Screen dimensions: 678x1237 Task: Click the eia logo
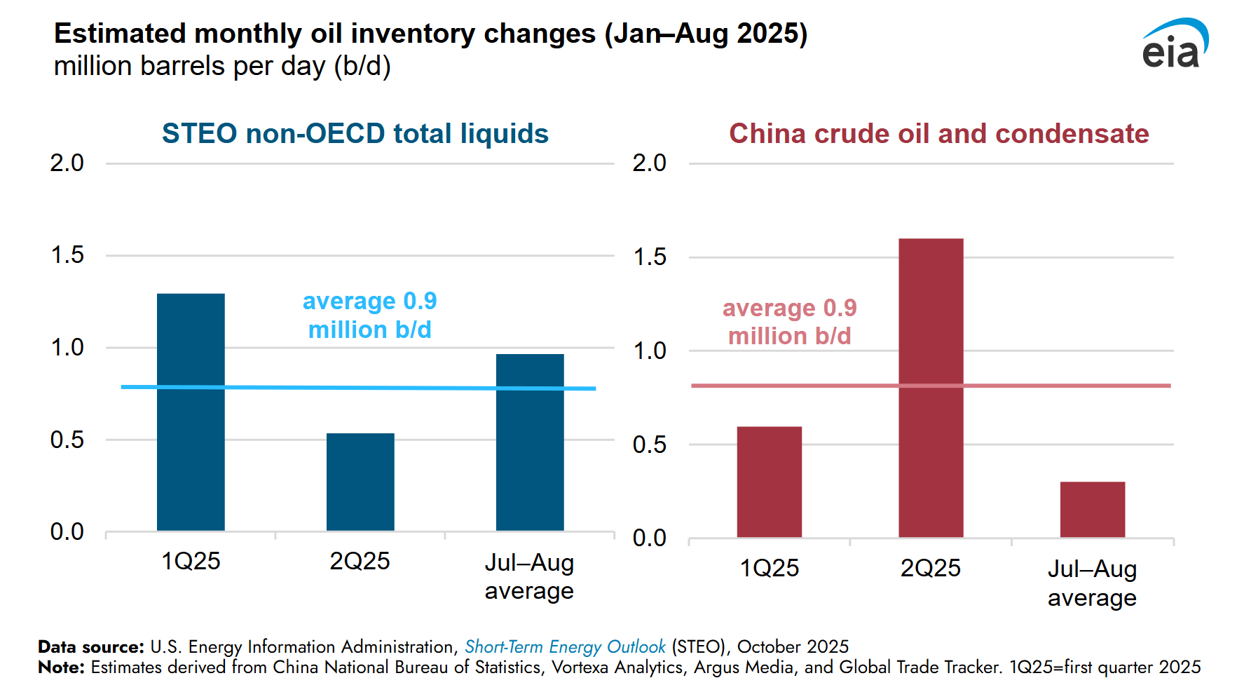pyautogui.click(x=1174, y=43)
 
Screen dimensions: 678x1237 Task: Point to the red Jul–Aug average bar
pyautogui.click(x=1092, y=510)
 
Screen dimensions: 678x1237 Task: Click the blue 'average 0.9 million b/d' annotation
pyautogui.click(x=369, y=316)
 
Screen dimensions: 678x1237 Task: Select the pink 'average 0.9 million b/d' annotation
pyautogui.click(x=789, y=322)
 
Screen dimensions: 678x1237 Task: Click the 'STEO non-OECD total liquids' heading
pyautogui.click(x=355, y=133)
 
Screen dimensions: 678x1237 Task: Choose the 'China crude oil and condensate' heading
pyautogui.click(x=938, y=133)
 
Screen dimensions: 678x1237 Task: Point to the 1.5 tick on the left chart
pyautogui.click(x=67, y=255)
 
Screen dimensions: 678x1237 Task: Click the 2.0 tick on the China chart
pyautogui.click(x=649, y=163)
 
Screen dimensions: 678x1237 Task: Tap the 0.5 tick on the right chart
pyautogui.click(x=649, y=445)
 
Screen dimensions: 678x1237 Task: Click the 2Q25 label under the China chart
pyautogui.click(x=930, y=568)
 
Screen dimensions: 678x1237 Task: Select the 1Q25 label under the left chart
pyautogui.click(x=191, y=561)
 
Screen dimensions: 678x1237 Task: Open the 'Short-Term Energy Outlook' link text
pyautogui.click(x=564, y=646)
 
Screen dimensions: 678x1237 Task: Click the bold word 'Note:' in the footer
pyautogui.click(x=61, y=667)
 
